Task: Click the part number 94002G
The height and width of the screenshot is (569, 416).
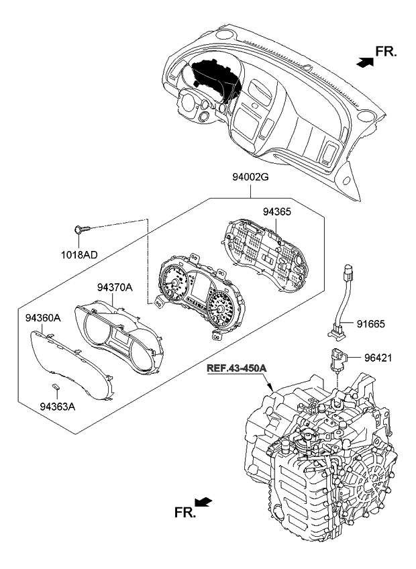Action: pyautogui.click(x=252, y=179)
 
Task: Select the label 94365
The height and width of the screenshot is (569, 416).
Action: pyautogui.click(x=276, y=211)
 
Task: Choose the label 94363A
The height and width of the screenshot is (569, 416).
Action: pyautogui.click(x=58, y=406)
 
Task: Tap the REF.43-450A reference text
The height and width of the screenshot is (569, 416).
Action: pyautogui.click(x=237, y=369)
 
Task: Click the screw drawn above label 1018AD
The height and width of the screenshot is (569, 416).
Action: pyautogui.click(x=81, y=229)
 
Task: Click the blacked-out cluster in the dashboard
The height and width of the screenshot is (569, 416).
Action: pyautogui.click(x=213, y=81)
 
